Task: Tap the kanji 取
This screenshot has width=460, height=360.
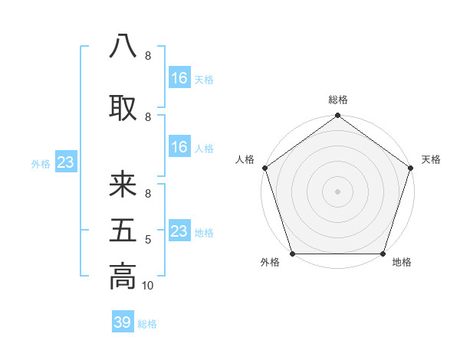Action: point(123,108)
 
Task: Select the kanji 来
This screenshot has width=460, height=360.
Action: point(123,185)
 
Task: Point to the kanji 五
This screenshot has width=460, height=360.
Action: point(123,231)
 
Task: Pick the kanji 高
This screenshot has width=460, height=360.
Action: point(123,275)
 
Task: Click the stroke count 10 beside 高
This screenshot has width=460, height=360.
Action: point(148,286)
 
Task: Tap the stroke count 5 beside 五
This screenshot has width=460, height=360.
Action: point(148,240)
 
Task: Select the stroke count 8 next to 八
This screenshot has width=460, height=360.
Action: point(147,56)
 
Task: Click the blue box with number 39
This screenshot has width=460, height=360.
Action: point(122,322)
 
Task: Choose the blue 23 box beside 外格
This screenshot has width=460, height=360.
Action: point(65,162)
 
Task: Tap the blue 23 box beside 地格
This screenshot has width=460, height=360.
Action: point(179,231)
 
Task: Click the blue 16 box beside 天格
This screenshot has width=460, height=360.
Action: point(179,78)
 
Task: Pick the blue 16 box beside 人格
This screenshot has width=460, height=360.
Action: point(179,147)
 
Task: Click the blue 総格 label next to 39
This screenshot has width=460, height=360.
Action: point(147,324)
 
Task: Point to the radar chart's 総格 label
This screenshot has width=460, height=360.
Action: point(338,100)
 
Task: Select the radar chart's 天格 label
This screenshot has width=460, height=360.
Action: point(431,159)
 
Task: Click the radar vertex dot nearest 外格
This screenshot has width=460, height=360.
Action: point(291,254)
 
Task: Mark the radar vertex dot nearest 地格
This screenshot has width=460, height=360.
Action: point(383,254)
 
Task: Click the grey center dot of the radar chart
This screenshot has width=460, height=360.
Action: point(337,191)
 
